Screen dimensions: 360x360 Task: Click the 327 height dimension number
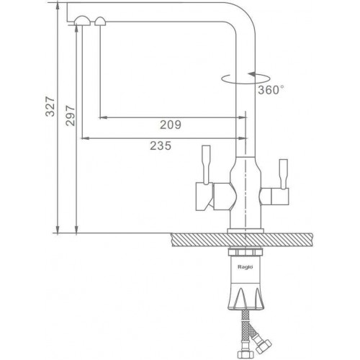tap(50, 107)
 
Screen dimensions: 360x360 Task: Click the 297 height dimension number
tap(71, 115)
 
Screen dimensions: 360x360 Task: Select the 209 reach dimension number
tap(171, 125)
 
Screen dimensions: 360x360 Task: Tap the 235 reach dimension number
tap(161, 145)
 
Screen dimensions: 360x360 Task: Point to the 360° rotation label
tap(271, 90)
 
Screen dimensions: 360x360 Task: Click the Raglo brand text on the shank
tap(245, 267)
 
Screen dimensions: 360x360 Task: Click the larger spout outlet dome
tap(82, 21)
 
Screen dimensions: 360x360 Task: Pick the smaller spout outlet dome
tap(100, 21)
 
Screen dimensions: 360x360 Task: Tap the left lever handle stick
tap(207, 165)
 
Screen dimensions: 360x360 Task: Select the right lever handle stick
tap(284, 174)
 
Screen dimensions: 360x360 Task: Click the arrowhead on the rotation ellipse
tap(252, 74)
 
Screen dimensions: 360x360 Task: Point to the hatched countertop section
tap(242, 240)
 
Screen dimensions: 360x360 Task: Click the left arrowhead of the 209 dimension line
tap(103, 117)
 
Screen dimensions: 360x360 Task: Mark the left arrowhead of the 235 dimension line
tap(86, 138)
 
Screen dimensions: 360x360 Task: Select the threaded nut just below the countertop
tap(245, 252)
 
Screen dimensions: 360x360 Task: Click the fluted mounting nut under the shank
tap(246, 298)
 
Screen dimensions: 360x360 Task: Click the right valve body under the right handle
tap(274, 197)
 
